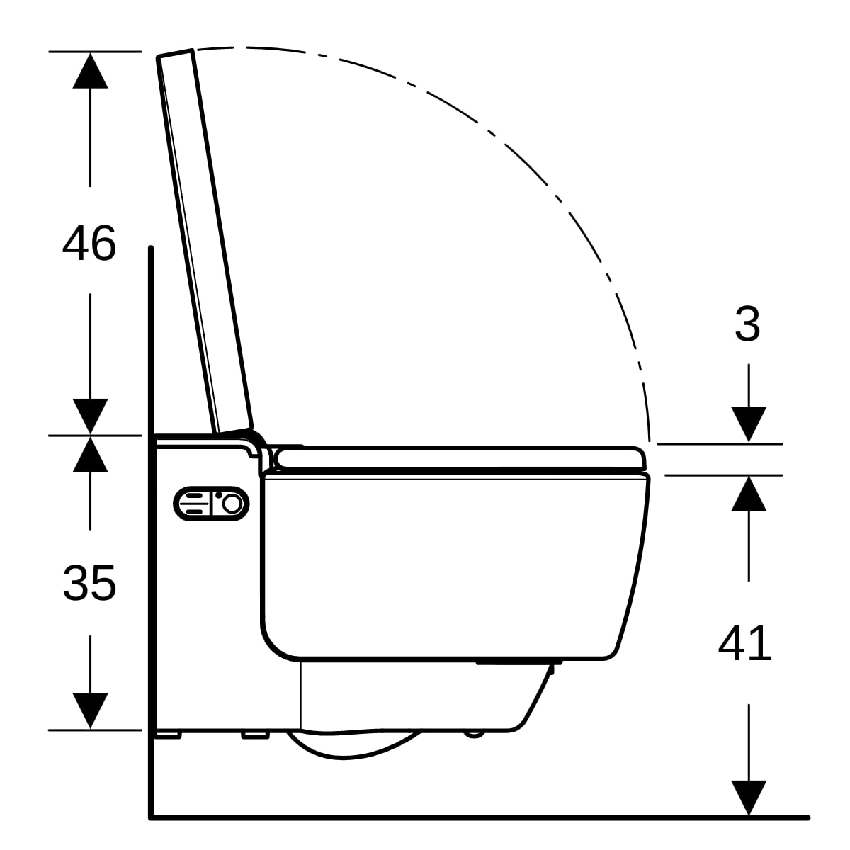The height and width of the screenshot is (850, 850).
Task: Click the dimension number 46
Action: pos(89,243)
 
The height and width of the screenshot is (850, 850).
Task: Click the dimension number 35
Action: pos(89,583)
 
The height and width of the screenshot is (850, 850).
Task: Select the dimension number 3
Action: pos(748,324)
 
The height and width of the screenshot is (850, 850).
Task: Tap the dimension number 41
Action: pos(745,644)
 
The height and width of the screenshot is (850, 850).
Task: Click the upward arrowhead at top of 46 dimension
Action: pos(91,71)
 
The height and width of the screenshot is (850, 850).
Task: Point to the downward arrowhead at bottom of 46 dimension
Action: pos(91,416)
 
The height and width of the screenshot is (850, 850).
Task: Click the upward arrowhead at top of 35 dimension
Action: pos(91,455)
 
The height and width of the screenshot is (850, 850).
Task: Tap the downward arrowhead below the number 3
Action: pos(749,424)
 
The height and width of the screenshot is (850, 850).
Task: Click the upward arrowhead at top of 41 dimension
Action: pos(749,494)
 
